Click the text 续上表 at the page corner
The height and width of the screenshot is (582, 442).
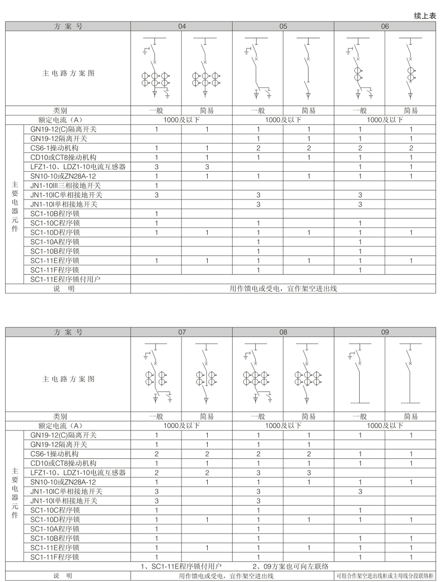(x=425, y=16)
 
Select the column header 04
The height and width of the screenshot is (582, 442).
(x=182, y=26)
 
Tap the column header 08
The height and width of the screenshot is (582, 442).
(x=283, y=332)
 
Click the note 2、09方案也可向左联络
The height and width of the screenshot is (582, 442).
(x=290, y=566)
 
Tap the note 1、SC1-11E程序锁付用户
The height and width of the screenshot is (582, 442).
(x=182, y=566)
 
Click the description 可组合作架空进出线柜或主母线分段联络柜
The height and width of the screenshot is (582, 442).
(x=385, y=576)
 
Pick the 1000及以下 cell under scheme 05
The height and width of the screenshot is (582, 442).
(x=283, y=120)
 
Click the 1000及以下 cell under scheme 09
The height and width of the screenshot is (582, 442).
(x=385, y=426)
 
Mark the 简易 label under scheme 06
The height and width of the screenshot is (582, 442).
(x=410, y=111)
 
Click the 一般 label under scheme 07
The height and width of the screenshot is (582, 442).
(x=156, y=416)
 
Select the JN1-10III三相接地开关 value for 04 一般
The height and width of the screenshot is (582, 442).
(x=156, y=186)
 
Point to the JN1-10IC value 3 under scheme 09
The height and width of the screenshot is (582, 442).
(x=360, y=491)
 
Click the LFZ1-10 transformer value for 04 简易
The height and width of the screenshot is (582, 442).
(x=207, y=167)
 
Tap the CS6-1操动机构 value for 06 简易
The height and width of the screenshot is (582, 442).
(x=411, y=148)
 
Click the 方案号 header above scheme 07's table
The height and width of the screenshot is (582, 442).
(x=68, y=332)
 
